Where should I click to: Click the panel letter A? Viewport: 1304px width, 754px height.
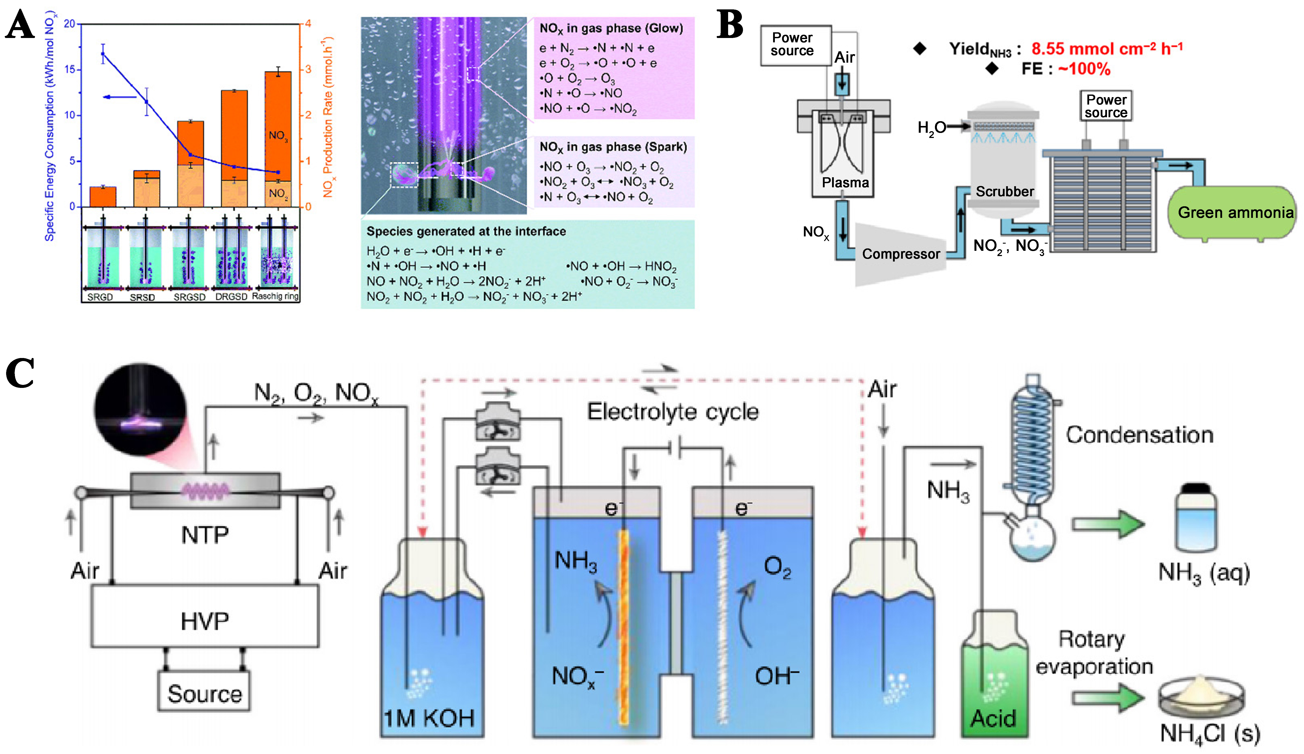[x=20, y=26]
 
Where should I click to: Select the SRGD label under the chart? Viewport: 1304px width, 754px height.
[x=100, y=297]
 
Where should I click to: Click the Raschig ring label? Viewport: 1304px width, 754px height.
[x=275, y=296]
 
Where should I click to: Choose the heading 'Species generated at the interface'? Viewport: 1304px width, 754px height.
[x=466, y=231]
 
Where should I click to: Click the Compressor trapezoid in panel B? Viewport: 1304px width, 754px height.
[x=900, y=254]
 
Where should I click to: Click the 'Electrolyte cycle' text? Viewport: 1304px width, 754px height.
[x=673, y=412]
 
